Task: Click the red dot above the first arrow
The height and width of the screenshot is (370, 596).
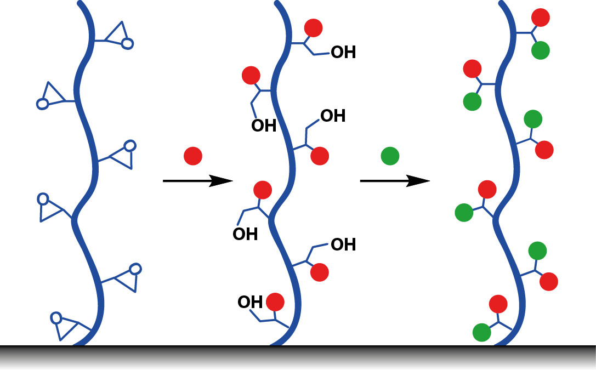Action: click(x=193, y=156)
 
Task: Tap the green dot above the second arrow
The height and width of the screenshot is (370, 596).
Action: click(x=390, y=156)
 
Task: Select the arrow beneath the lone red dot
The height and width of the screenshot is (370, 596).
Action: click(x=198, y=181)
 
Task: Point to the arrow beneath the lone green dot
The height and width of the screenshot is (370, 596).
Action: click(x=395, y=181)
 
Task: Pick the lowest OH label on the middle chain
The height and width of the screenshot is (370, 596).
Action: click(x=249, y=302)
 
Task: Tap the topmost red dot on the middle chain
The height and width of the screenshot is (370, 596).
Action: click(x=313, y=28)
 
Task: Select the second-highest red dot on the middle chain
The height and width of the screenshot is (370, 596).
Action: click(x=251, y=75)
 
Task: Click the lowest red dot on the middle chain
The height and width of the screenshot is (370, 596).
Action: click(x=275, y=302)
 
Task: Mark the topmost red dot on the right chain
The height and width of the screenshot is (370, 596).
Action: click(x=541, y=18)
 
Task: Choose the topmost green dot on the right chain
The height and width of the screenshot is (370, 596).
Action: click(x=541, y=50)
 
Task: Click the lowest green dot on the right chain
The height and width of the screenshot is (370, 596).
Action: click(x=481, y=332)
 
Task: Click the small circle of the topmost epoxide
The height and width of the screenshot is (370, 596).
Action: click(x=127, y=43)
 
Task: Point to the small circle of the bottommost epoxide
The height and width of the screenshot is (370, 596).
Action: click(x=56, y=317)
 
